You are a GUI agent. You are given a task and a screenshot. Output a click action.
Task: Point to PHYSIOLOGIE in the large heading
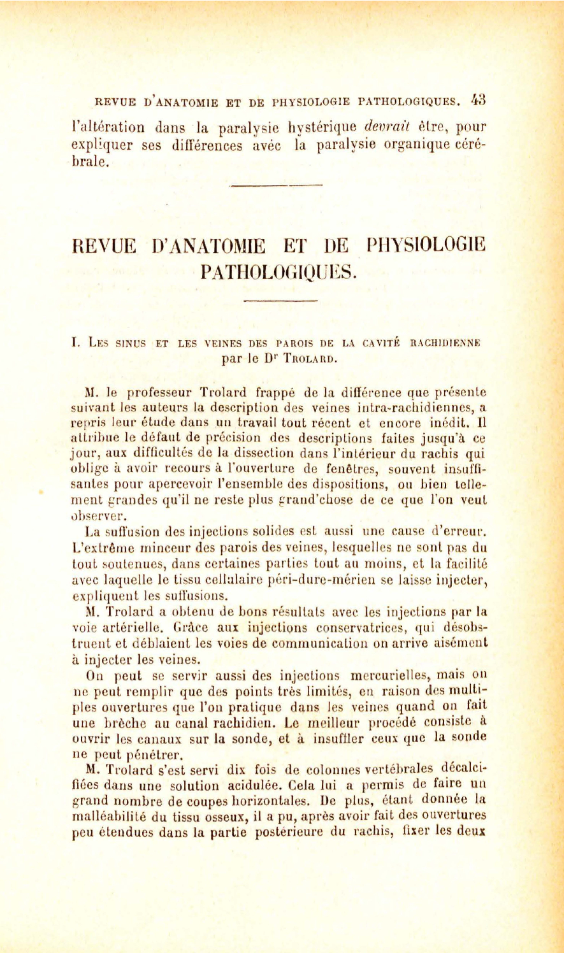coord(427,245)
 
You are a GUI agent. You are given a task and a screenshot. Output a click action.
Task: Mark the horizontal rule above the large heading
coord(276,186)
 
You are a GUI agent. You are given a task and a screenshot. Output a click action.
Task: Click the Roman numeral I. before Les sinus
coord(76,343)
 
